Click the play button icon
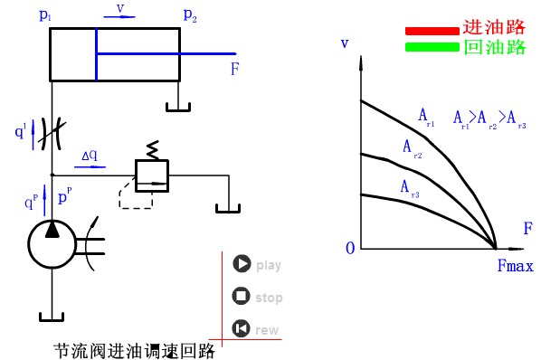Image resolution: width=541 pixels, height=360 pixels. [241, 264]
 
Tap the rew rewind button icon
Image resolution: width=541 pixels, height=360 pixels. [241, 329]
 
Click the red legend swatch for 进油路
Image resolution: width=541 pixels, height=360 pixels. [432, 31]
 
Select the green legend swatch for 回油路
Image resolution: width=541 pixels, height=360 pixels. [432, 47]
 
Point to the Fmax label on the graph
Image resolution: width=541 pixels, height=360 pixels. [515, 266]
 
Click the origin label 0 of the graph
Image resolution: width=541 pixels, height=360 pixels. [349, 249]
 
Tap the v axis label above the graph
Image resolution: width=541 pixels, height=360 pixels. [344, 43]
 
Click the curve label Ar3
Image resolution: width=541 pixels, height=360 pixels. [409, 187]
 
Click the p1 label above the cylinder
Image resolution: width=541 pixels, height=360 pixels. [47, 15]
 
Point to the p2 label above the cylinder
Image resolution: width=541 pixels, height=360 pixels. [189, 15]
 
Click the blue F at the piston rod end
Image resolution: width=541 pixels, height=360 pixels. [234, 70]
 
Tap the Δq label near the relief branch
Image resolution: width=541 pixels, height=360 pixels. [90, 156]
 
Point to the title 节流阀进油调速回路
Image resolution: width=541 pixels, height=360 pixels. [134, 350]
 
